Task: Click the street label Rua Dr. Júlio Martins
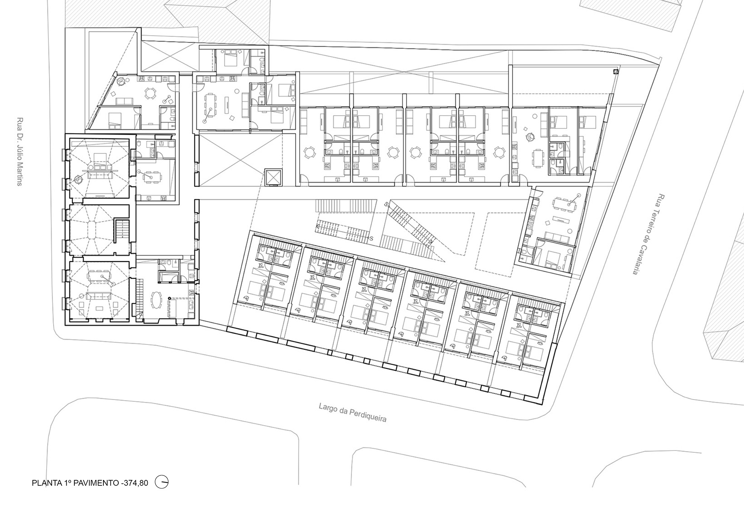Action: click(x=19, y=152)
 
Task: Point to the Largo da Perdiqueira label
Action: click(x=352, y=412)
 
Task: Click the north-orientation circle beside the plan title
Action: click(x=162, y=482)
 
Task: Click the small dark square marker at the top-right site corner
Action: click(x=616, y=71)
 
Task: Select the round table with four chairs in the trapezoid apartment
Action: click(x=150, y=93)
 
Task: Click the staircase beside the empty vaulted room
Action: click(x=122, y=229)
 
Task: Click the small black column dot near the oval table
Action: click(x=169, y=298)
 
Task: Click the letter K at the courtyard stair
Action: click(x=317, y=226)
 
